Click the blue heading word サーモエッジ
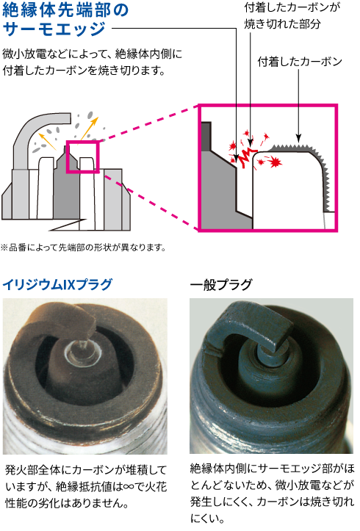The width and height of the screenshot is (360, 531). coord(54,29)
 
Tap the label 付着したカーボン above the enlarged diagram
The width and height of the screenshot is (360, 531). coord(300,62)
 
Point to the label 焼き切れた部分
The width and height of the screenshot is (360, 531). coord(282,24)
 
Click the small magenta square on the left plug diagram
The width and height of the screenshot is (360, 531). coord(82,156)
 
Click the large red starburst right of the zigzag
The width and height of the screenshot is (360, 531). coord(276,162)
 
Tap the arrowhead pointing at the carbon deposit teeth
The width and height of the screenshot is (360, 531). coord(298,138)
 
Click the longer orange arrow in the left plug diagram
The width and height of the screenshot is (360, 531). coord(89,129)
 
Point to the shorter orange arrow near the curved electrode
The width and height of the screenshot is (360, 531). coord(47,141)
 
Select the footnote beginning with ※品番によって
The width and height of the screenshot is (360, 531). coord(83,248)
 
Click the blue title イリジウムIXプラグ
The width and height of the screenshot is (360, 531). coord(57,284)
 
